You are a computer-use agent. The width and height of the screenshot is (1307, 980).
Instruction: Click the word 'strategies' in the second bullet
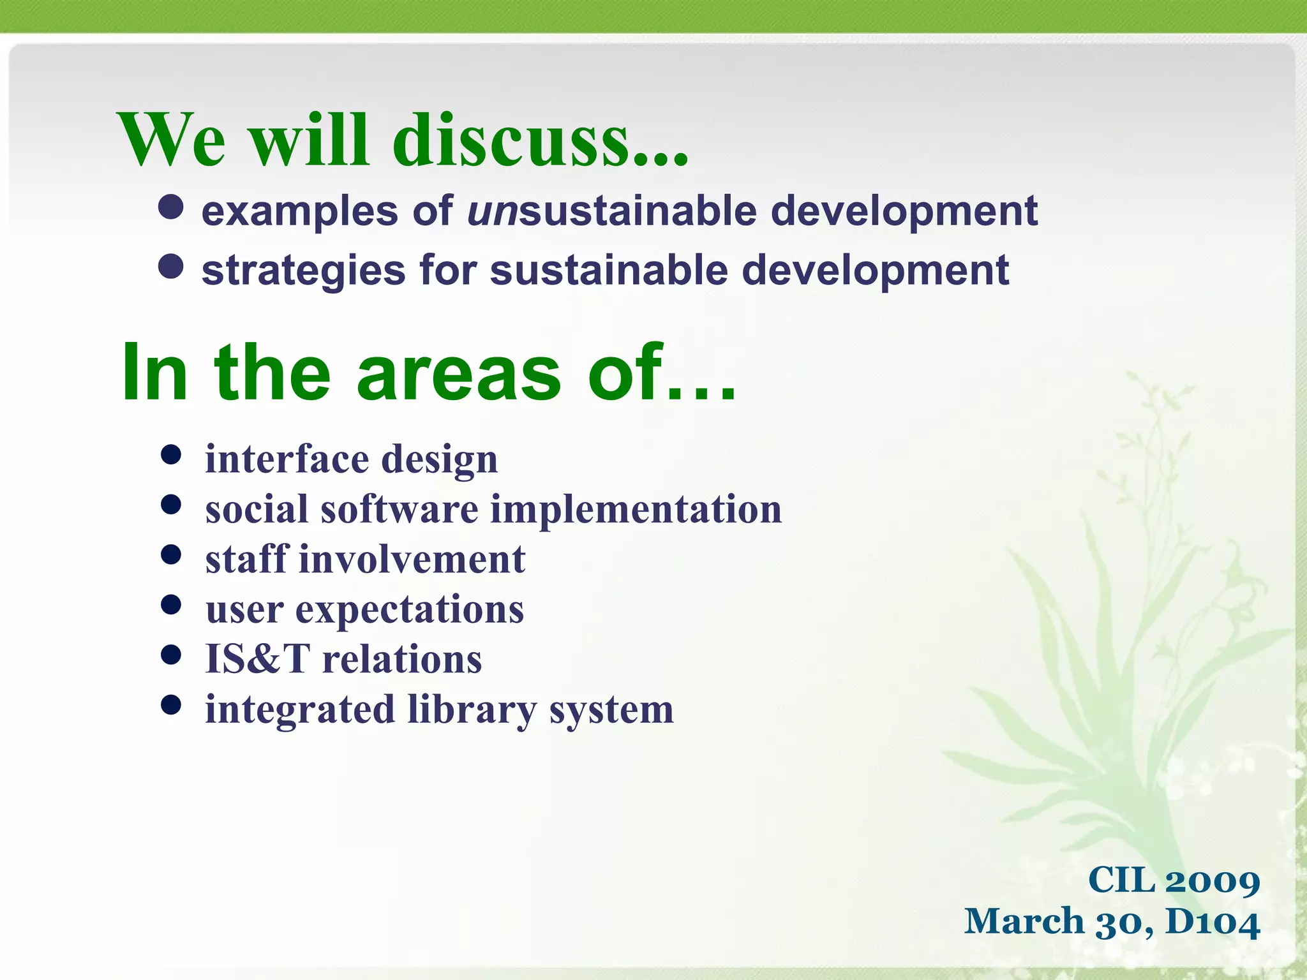point(304,271)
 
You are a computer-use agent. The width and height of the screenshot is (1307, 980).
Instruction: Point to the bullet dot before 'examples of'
point(171,207)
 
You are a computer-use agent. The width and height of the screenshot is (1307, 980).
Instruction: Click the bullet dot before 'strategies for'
point(171,266)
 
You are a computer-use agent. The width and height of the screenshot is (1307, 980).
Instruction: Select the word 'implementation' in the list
point(636,509)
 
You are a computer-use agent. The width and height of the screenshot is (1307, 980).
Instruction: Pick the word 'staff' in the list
point(246,559)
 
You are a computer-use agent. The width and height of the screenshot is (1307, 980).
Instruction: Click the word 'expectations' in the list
point(409,609)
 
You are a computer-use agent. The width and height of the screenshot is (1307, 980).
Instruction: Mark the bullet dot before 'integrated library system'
point(171,705)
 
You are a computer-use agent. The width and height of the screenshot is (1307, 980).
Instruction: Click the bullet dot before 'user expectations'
point(171,604)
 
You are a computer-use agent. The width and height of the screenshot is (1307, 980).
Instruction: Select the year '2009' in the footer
point(1212,881)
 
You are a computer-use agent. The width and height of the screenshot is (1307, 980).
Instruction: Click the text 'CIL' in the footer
point(1121,880)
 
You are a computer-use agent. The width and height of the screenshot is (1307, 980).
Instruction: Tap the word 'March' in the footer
point(1024,922)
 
